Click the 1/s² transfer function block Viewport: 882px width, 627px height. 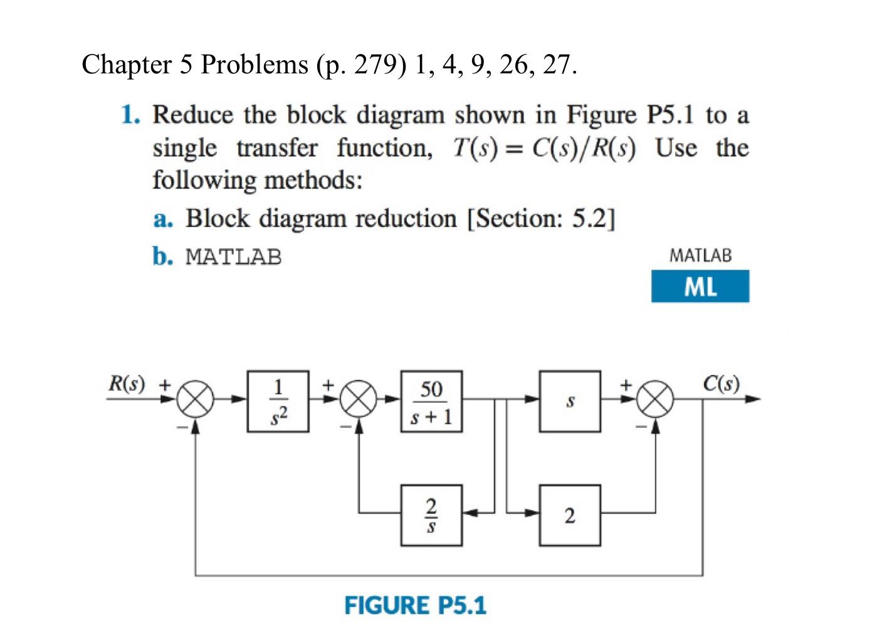click(278, 401)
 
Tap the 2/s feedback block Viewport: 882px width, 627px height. click(431, 515)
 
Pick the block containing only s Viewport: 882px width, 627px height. click(570, 401)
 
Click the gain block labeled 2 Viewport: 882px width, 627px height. click(570, 515)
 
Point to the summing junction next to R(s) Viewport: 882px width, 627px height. click(196, 399)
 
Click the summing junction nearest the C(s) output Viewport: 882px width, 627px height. click(656, 399)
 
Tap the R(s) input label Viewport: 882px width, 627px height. click(126, 383)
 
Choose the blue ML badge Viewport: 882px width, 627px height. click(700, 287)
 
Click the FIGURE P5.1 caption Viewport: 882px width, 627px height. click(415, 606)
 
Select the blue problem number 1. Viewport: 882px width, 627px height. click(129, 115)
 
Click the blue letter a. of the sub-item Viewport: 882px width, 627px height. click(162, 219)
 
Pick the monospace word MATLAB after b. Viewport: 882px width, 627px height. click(234, 257)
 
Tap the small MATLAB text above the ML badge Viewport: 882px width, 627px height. click(700, 255)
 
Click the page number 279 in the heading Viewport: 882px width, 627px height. click(375, 65)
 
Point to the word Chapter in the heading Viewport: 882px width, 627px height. click(127, 65)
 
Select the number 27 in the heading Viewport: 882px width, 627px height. click(555, 65)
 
